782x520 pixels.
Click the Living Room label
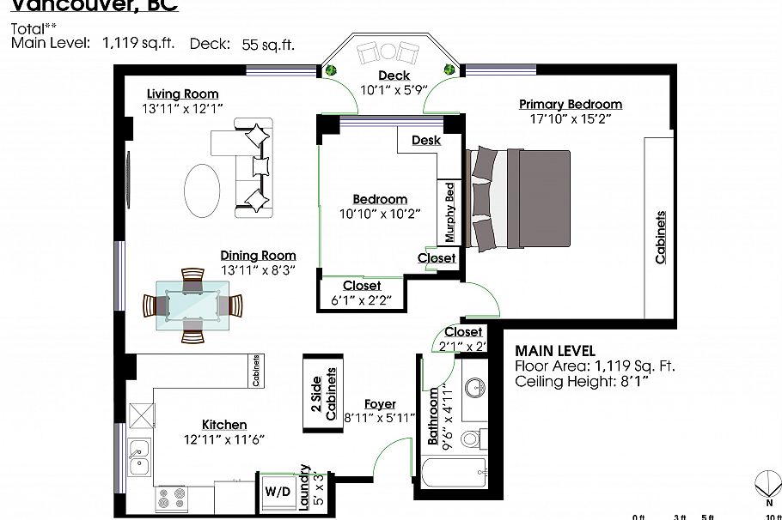click(x=182, y=94)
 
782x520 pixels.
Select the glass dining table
click(x=193, y=305)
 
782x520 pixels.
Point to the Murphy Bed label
click(x=449, y=212)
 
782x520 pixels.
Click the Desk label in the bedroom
click(x=426, y=140)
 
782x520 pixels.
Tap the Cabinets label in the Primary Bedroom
click(x=661, y=237)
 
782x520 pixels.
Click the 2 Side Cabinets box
click(x=322, y=395)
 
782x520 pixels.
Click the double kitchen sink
click(x=137, y=457)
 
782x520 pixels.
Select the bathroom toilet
click(x=471, y=440)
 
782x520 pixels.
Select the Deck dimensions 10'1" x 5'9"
click(x=394, y=89)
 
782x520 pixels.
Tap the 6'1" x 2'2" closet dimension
click(x=362, y=300)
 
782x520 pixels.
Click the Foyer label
click(x=380, y=404)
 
